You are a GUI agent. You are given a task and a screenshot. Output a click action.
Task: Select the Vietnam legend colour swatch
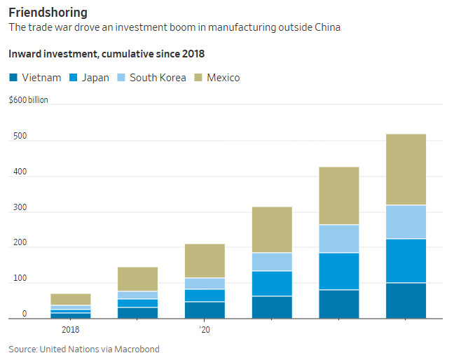click(x=13, y=78)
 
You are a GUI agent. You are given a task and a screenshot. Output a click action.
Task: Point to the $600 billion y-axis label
click(x=28, y=100)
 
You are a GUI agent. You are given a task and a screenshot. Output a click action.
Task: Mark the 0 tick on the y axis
click(x=24, y=314)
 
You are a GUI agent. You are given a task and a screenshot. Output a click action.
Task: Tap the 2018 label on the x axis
click(x=70, y=329)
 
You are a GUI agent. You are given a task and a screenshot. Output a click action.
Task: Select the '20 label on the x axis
click(x=204, y=329)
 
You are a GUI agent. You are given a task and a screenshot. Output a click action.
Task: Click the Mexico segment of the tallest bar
click(x=406, y=169)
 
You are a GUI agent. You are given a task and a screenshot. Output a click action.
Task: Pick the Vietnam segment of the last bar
click(x=406, y=300)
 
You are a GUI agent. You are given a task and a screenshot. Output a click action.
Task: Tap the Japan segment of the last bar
click(x=406, y=261)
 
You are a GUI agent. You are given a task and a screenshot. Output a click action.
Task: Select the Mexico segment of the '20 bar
click(x=205, y=261)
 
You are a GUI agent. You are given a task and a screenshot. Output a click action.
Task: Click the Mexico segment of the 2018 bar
click(x=71, y=299)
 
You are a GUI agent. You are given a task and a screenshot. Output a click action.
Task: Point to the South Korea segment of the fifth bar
click(x=338, y=238)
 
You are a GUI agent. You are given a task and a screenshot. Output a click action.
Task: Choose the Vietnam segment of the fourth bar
click(x=272, y=307)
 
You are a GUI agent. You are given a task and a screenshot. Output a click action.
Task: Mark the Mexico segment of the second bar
click(x=137, y=279)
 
